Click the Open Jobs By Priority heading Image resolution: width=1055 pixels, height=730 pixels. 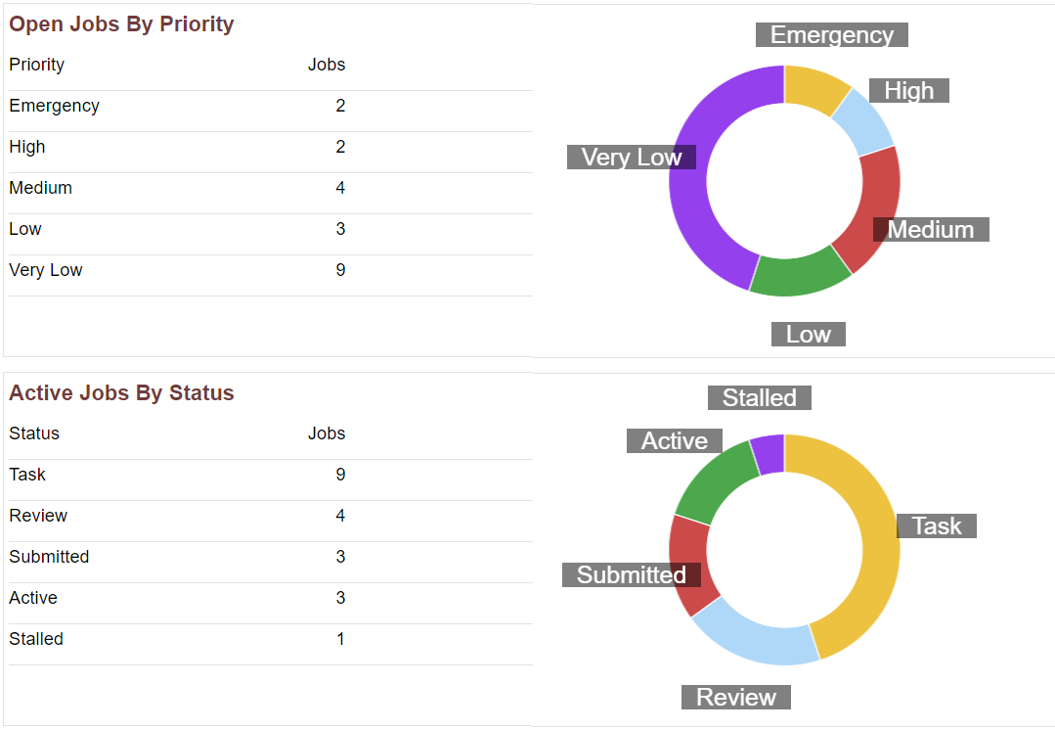(x=121, y=24)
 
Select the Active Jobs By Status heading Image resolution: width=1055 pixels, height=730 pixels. (x=121, y=393)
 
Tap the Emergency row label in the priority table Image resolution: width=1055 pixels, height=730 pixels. (x=54, y=106)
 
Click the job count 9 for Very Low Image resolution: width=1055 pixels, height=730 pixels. (x=339, y=270)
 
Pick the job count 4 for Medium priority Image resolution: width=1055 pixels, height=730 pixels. (x=339, y=188)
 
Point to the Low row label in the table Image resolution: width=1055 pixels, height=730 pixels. (x=25, y=229)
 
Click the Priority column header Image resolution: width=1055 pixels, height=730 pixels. (x=36, y=65)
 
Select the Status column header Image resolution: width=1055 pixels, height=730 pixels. (x=34, y=433)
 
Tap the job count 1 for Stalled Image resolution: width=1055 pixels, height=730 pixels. (x=339, y=639)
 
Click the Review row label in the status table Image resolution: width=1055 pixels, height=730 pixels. (x=38, y=516)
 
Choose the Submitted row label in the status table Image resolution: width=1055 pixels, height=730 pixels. (x=49, y=557)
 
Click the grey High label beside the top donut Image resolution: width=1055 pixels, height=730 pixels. (x=908, y=91)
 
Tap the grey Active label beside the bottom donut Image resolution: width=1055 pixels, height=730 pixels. (x=674, y=441)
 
